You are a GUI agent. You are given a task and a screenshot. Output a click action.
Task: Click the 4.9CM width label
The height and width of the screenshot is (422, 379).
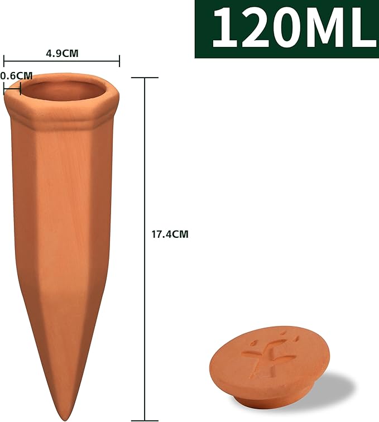point(61,53)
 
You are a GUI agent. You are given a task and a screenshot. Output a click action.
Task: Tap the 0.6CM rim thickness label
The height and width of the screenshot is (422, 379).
point(16,75)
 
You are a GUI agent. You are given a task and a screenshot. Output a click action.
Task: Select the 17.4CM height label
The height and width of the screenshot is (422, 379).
point(170,234)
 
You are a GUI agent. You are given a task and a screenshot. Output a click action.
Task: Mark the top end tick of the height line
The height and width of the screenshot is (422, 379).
point(145,78)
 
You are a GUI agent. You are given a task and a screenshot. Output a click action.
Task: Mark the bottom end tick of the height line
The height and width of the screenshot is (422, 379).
point(145,419)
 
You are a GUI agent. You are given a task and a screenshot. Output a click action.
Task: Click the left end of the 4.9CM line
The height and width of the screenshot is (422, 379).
point(4,61)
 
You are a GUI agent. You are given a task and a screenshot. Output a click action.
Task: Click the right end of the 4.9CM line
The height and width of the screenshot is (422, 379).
point(119,61)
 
